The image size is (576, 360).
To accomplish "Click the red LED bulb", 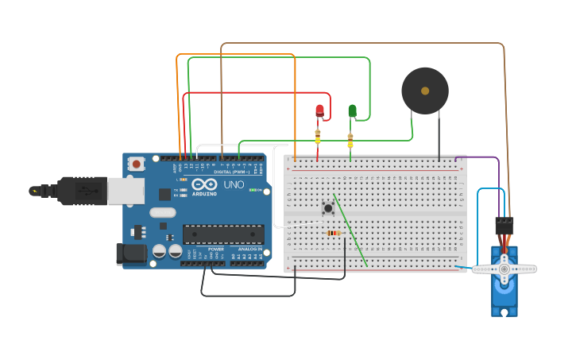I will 319,110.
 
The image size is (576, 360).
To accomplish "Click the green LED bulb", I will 352,110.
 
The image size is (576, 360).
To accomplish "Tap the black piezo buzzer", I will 424,91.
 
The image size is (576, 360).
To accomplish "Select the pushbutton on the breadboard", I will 327,208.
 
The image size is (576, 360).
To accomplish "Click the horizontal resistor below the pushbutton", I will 333,233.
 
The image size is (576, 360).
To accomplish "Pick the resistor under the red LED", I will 318,137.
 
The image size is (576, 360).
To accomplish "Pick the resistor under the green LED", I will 350,141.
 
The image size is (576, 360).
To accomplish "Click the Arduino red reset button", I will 137,164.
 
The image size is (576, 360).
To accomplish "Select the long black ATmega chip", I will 223,234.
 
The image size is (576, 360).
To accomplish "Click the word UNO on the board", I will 234,184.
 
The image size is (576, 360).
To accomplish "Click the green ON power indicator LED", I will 253,190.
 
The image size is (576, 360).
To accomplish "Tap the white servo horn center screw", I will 504,269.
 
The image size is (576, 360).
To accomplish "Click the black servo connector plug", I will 504,225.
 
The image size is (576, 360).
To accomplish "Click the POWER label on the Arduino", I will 215,249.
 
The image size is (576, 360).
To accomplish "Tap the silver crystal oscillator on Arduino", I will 161,212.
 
